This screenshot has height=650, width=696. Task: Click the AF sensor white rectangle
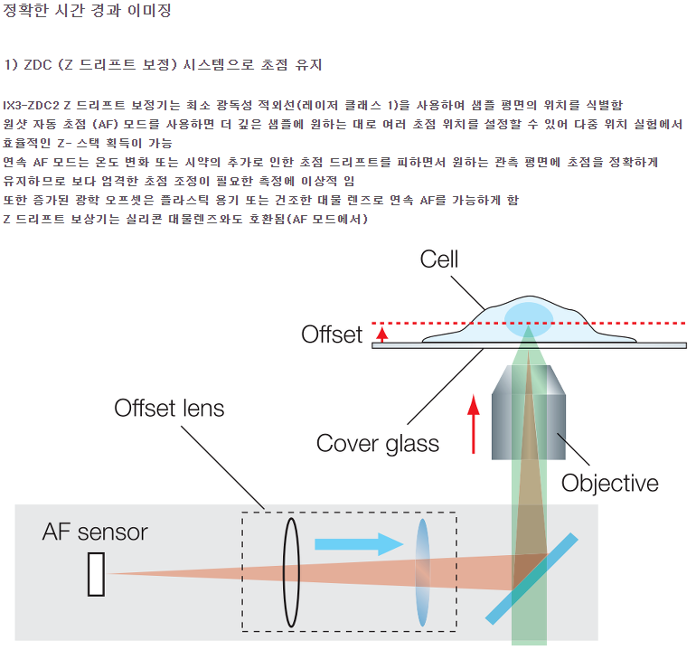pos(96,573)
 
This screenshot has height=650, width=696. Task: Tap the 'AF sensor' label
pos(95,532)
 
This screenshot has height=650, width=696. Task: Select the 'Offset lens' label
pos(169,408)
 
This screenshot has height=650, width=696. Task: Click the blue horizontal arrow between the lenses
pos(358,544)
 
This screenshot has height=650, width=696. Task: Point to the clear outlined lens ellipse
pos(291,572)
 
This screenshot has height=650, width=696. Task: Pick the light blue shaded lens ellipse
pos(422,572)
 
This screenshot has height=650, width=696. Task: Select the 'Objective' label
pos(610,482)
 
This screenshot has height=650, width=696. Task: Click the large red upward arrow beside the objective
pos(474,424)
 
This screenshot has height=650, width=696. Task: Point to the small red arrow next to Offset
pos(382,334)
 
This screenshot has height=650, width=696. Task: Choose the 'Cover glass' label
pos(378,443)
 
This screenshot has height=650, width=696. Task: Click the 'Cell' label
pos(439,260)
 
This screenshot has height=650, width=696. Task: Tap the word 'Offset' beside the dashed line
pos(332,334)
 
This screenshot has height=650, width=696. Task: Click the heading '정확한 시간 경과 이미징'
pos(87,12)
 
